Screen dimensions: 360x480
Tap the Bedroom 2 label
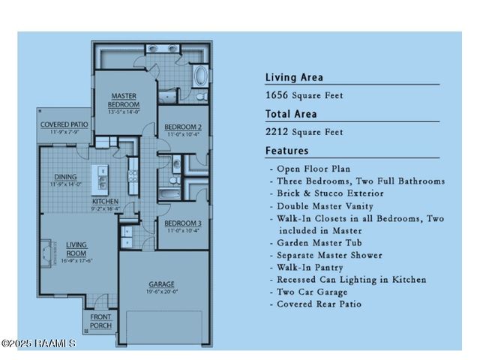point(183,126)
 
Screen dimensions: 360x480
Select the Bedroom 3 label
point(183,223)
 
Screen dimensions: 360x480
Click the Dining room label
point(64,177)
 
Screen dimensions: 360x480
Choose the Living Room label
point(77,248)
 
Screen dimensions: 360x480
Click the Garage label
point(161,284)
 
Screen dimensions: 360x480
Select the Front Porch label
point(100,320)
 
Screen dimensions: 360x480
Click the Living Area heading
point(294,77)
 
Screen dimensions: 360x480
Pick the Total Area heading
point(291,114)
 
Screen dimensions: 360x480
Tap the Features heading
point(286,151)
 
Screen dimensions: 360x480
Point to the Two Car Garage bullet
point(313,292)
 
